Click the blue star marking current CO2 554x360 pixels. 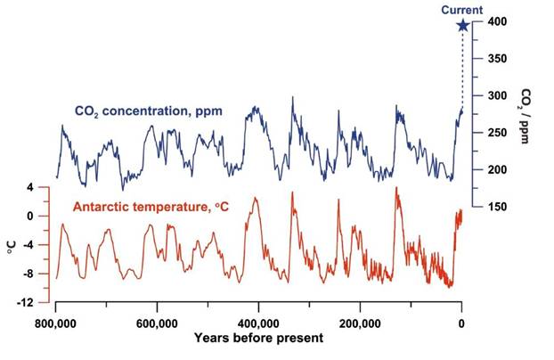462,25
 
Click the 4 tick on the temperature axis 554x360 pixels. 29,188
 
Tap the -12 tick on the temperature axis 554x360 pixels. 26,302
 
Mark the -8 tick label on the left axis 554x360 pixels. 28,274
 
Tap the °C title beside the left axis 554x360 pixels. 12,245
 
